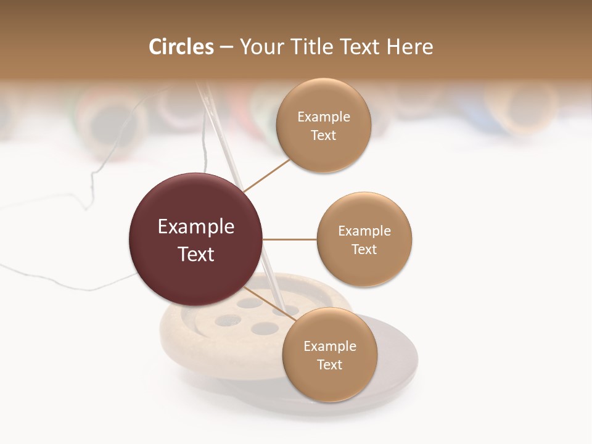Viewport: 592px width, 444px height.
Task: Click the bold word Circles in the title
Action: pyautogui.click(x=181, y=47)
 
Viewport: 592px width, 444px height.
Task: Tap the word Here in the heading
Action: pyautogui.click(x=410, y=47)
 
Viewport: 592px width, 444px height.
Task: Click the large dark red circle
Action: pyautogui.click(x=195, y=239)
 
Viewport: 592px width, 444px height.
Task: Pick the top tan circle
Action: pyautogui.click(x=323, y=125)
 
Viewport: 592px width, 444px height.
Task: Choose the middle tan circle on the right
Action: pyautogui.click(x=364, y=239)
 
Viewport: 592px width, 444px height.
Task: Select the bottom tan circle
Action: pyautogui.click(x=329, y=355)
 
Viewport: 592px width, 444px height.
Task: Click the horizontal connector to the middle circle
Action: pyautogui.click(x=289, y=239)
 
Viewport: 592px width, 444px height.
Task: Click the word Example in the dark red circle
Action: pyautogui.click(x=195, y=226)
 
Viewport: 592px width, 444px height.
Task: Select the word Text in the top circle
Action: pyautogui.click(x=323, y=135)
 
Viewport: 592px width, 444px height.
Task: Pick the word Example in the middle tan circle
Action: pyautogui.click(x=364, y=231)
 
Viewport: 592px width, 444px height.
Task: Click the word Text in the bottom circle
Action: pyautogui.click(x=329, y=364)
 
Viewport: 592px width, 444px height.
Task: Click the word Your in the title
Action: pyautogui.click(x=258, y=47)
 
